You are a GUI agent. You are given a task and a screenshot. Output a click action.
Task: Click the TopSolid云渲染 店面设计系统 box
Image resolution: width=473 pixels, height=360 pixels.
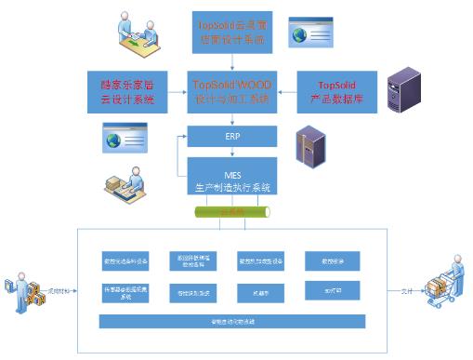[232, 30]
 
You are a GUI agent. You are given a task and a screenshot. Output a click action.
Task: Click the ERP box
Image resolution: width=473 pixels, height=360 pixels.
[232, 137]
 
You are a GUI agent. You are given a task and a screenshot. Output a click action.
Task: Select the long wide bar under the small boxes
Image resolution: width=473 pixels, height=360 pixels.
[232, 321]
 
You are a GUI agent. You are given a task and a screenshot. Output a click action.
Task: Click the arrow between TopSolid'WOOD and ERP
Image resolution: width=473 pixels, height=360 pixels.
[232, 119]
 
